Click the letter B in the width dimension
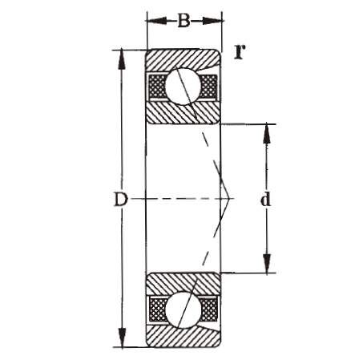click(184, 20)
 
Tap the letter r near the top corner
click(238, 52)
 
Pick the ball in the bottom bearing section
click(184, 309)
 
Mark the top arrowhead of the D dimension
click(121, 55)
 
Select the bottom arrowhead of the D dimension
click(121, 342)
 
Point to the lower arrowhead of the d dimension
click(265, 268)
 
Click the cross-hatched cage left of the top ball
click(155, 86)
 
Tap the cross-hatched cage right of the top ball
click(208, 86)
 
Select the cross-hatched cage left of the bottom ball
click(155, 309)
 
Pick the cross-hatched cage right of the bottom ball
click(208, 309)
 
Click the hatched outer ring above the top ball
click(183, 59)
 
